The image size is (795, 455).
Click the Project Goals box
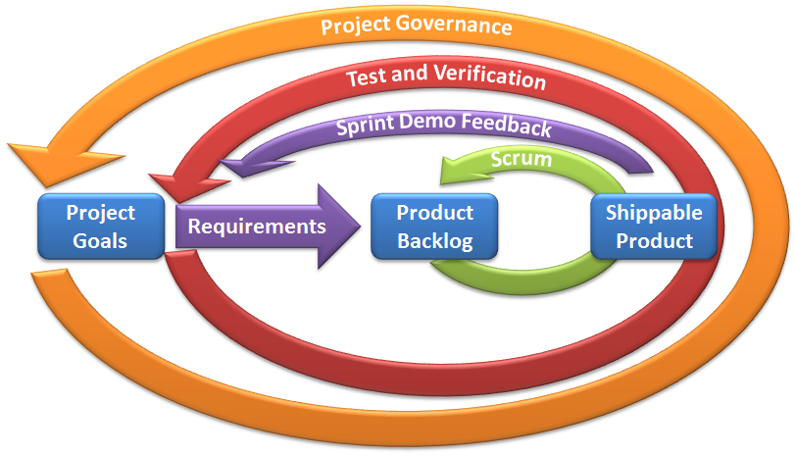(101, 226)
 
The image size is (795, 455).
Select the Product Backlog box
(434, 226)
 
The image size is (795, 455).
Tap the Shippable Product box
(654, 226)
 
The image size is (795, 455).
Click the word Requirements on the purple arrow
(257, 227)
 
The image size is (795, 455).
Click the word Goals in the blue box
(101, 239)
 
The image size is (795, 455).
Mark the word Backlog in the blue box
(434, 239)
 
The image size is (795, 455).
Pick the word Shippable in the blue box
(654, 212)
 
